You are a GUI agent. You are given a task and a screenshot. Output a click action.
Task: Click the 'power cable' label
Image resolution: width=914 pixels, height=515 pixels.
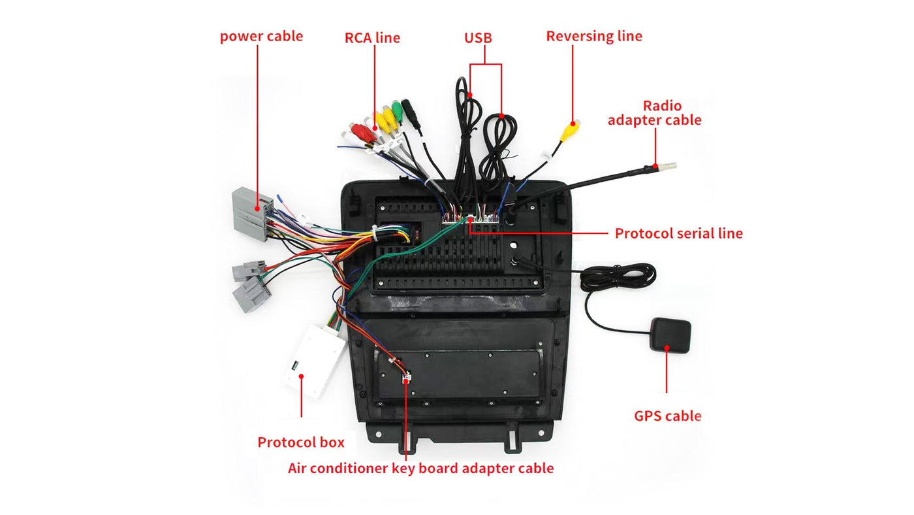(x=261, y=36)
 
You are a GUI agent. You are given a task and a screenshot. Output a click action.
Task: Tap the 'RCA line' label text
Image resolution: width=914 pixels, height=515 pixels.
(x=372, y=38)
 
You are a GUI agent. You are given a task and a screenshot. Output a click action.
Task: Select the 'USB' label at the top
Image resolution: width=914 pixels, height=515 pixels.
(x=478, y=38)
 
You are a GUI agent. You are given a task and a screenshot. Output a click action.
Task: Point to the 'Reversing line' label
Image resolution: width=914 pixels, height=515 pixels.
(x=594, y=36)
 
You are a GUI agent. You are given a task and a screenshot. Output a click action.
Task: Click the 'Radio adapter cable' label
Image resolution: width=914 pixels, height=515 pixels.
(x=654, y=113)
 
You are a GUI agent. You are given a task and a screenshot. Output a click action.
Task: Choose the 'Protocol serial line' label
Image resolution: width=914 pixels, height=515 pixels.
(x=678, y=233)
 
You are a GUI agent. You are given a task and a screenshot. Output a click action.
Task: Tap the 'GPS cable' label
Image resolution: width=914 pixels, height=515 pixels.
(x=667, y=416)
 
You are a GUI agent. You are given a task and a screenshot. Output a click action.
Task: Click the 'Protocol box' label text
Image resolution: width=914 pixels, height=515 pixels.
(x=300, y=442)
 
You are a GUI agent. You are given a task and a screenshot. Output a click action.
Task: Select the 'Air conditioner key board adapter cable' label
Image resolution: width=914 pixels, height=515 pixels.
(x=420, y=468)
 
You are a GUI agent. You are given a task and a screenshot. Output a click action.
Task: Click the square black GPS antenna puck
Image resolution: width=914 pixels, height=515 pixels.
(x=670, y=337)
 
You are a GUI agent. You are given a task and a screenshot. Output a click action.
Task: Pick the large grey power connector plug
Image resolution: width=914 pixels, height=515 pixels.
(x=251, y=213)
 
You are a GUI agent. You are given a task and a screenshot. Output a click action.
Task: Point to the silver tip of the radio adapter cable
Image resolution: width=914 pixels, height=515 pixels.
(x=667, y=166)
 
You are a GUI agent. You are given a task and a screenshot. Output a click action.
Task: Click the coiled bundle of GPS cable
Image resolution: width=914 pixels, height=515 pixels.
(x=617, y=277)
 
